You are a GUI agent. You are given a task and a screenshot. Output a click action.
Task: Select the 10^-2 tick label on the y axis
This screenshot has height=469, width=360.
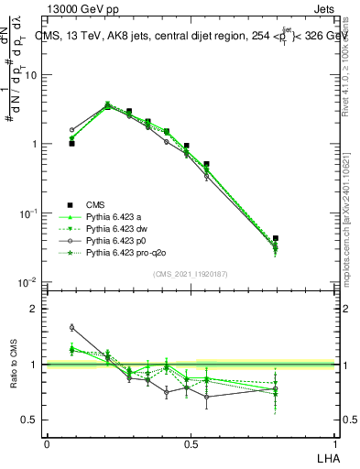click(28, 282)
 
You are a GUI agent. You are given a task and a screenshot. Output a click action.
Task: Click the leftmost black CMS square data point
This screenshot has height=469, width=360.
click(71, 144)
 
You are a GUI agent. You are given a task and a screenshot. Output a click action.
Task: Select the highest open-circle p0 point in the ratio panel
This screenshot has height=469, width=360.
click(71, 327)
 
